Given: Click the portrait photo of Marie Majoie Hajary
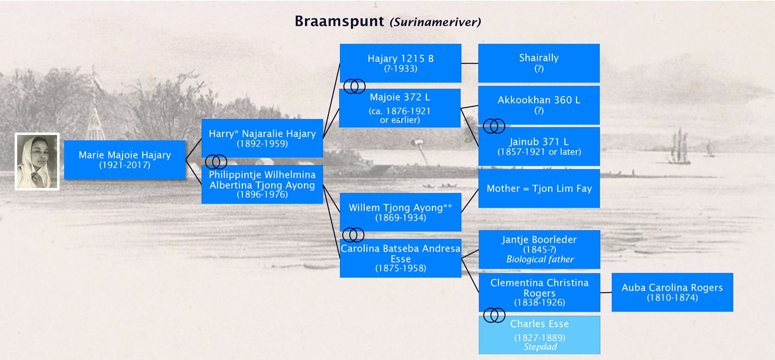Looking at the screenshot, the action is point(37,162).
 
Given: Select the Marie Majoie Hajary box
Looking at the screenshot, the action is point(125,160).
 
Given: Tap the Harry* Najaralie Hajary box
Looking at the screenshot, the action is point(262,138).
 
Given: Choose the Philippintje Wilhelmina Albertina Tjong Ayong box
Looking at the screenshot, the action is point(262,184).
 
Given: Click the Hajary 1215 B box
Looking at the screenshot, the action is point(400,63).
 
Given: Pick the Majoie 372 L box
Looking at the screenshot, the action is point(399,108).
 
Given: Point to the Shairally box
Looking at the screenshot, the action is point(539,63).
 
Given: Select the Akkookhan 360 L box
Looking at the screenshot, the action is point(539,105).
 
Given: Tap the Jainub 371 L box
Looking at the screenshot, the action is point(539,146).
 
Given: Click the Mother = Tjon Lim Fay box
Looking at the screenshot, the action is point(539,189).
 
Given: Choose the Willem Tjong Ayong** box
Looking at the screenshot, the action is point(400,212).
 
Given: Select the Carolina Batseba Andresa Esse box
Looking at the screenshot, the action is point(400,258).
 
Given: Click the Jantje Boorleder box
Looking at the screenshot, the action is point(539,249).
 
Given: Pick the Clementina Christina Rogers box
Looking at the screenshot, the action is point(539,292).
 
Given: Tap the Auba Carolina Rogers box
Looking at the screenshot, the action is point(672,292).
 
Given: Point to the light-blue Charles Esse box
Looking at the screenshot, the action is point(539,335).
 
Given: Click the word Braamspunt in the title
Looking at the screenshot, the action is point(339,22).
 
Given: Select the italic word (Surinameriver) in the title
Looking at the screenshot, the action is point(435,22).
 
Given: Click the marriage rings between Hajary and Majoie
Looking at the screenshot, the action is point(354,86).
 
